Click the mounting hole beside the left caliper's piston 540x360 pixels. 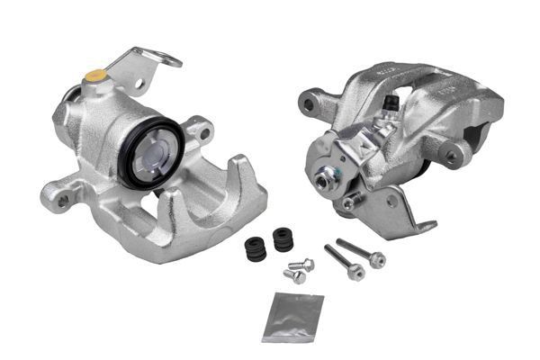coord(206,134)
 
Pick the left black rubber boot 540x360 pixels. coord(255,249)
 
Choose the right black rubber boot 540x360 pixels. coord(283,241)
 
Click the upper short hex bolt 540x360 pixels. coord(305,265)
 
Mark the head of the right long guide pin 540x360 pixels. coord(376,260)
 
